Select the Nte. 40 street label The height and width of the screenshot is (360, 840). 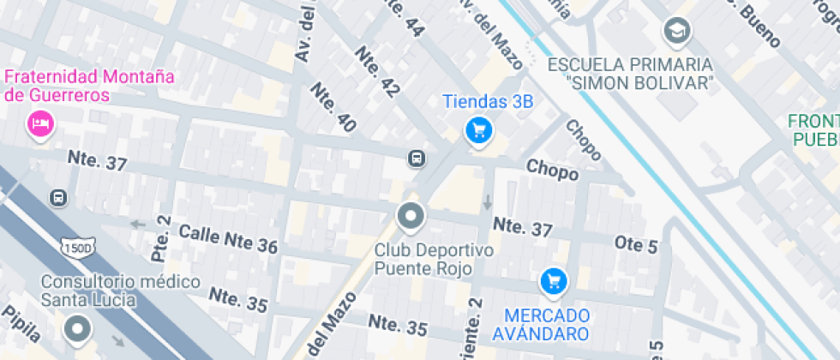[x=333, y=107]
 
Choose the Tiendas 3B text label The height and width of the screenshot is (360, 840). [x=488, y=102]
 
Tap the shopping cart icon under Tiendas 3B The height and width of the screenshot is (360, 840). [x=478, y=131]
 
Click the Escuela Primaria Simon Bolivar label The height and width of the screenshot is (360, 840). [x=630, y=74]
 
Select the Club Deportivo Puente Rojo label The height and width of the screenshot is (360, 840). [x=435, y=259]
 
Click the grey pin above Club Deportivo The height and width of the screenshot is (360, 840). [x=411, y=217]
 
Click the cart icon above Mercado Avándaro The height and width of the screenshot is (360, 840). [x=553, y=280]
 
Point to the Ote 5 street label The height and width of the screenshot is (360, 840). [x=636, y=245]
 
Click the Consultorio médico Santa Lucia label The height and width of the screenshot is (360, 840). [x=121, y=290]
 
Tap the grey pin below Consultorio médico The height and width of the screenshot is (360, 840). [x=79, y=328]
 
